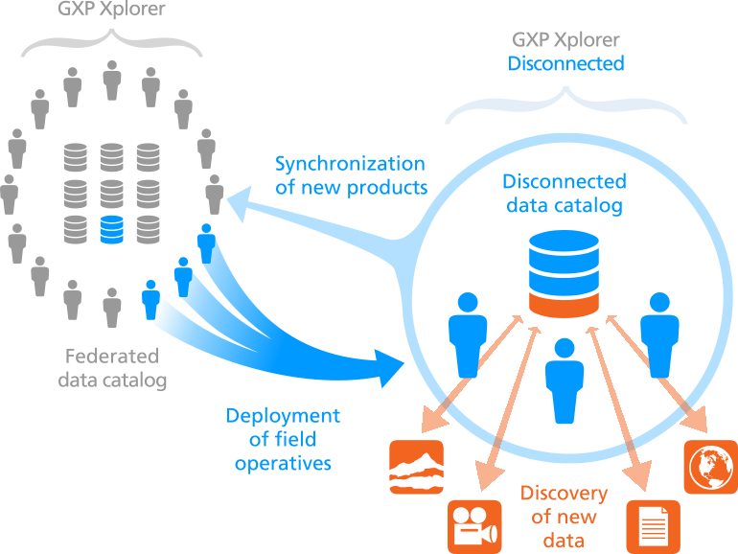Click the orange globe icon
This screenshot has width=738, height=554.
(x=710, y=467)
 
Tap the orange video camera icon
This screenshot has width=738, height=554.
(x=474, y=526)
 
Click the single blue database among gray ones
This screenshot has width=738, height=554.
(x=112, y=229)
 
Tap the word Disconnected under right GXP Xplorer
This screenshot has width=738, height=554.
(x=565, y=64)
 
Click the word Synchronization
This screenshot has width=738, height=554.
(x=350, y=163)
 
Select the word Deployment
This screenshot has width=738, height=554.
(x=283, y=416)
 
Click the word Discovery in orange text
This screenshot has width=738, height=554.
(x=564, y=494)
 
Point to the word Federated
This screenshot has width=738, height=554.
(x=112, y=357)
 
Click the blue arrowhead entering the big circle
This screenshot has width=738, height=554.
(x=395, y=369)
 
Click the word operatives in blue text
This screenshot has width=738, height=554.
(x=283, y=463)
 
